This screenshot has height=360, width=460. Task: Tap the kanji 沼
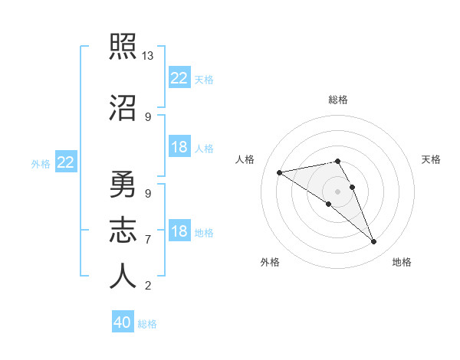click(x=123, y=108)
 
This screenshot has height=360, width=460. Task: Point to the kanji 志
click(x=123, y=231)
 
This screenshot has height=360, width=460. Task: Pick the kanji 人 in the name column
click(x=123, y=277)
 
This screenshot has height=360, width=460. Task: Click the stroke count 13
click(x=148, y=56)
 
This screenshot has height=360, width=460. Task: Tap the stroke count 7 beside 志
click(x=148, y=240)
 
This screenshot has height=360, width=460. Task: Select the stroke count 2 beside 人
click(x=148, y=286)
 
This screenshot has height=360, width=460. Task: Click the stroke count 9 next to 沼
click(x=148, y=117)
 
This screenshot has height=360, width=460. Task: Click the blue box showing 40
click(x=123, y=322)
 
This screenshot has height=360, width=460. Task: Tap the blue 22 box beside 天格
click(x=179, y=78)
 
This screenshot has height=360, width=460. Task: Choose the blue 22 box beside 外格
click(x=66, y=162)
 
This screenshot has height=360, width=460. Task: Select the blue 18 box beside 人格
click(x=179, y=147)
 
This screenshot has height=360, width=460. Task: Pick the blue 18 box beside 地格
click(x=179, y=231)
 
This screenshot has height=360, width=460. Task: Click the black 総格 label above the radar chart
click(x=338, y=100)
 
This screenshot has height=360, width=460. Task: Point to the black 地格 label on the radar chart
click(x=402, y=263)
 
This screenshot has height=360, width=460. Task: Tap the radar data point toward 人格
click(x=280, y=172)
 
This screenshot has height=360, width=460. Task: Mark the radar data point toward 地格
click(x=374, y=242)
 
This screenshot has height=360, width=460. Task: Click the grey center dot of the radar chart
click(x=338, y=191)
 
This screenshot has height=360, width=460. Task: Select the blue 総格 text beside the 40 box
click(x=147, y=324)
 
